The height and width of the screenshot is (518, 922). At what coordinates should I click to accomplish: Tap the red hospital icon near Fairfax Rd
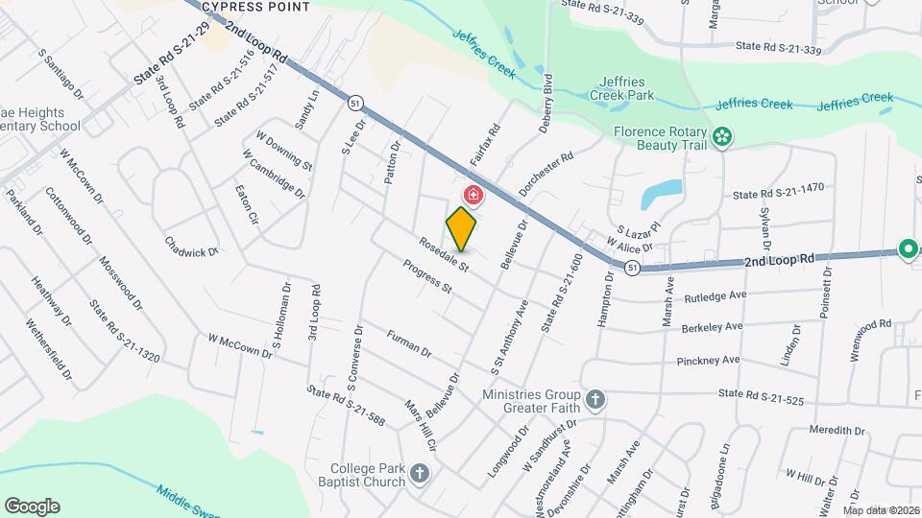[x=473, y=196]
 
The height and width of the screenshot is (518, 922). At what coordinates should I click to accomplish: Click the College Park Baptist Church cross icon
[x=419, y=473]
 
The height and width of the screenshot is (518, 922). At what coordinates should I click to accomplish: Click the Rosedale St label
[x=442, y=252]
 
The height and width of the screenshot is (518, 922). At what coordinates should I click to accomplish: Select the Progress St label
[x=426, y=276]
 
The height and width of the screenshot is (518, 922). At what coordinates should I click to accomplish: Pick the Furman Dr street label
[x=409, y=343]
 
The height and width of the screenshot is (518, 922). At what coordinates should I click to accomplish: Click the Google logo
[x=32, y=506]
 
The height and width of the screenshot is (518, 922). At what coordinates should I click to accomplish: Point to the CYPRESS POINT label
[x=255, y=7]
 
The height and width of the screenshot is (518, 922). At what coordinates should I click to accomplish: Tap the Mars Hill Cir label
[x=421, y=426]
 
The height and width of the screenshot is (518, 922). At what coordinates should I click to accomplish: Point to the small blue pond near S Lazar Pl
[x=663, y=194]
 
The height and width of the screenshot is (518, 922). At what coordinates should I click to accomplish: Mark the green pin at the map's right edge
[x=908, y=250]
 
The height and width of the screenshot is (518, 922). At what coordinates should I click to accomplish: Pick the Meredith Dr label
[x=837, y=431]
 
